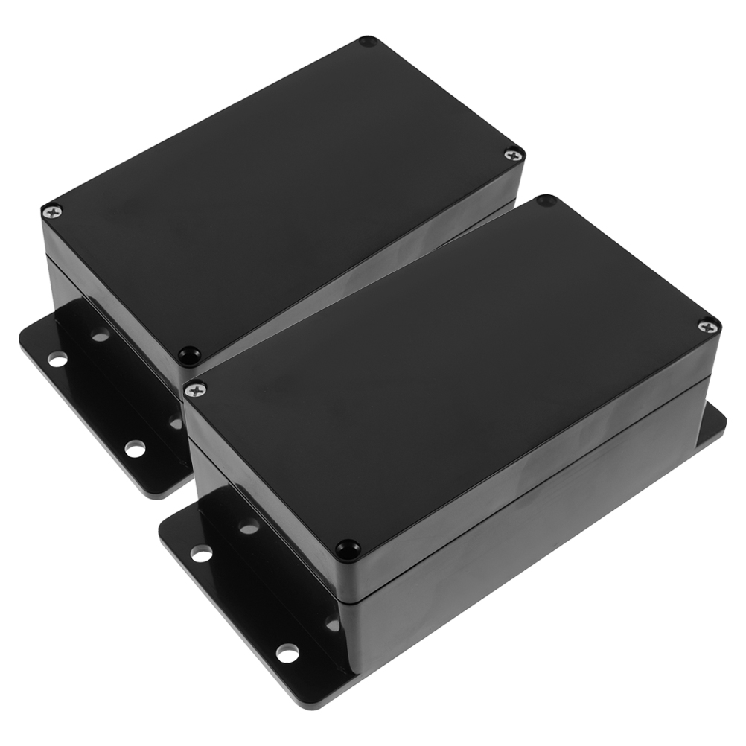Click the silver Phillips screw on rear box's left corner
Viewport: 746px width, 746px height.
tap(51, 213)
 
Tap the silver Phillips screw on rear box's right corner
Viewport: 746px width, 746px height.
tap(514, 155)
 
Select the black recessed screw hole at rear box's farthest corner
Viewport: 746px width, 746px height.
tap(367, 42)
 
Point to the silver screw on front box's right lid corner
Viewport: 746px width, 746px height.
tap(708, 325)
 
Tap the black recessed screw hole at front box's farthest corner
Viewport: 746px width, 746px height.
tap(547, 201)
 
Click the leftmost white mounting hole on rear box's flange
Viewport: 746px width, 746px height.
tap(57, 360)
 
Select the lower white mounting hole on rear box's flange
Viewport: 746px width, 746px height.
tap(135, 449)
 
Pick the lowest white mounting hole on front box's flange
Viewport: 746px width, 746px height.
tap(287, 653)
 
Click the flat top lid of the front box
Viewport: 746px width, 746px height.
tap(447, 372)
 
